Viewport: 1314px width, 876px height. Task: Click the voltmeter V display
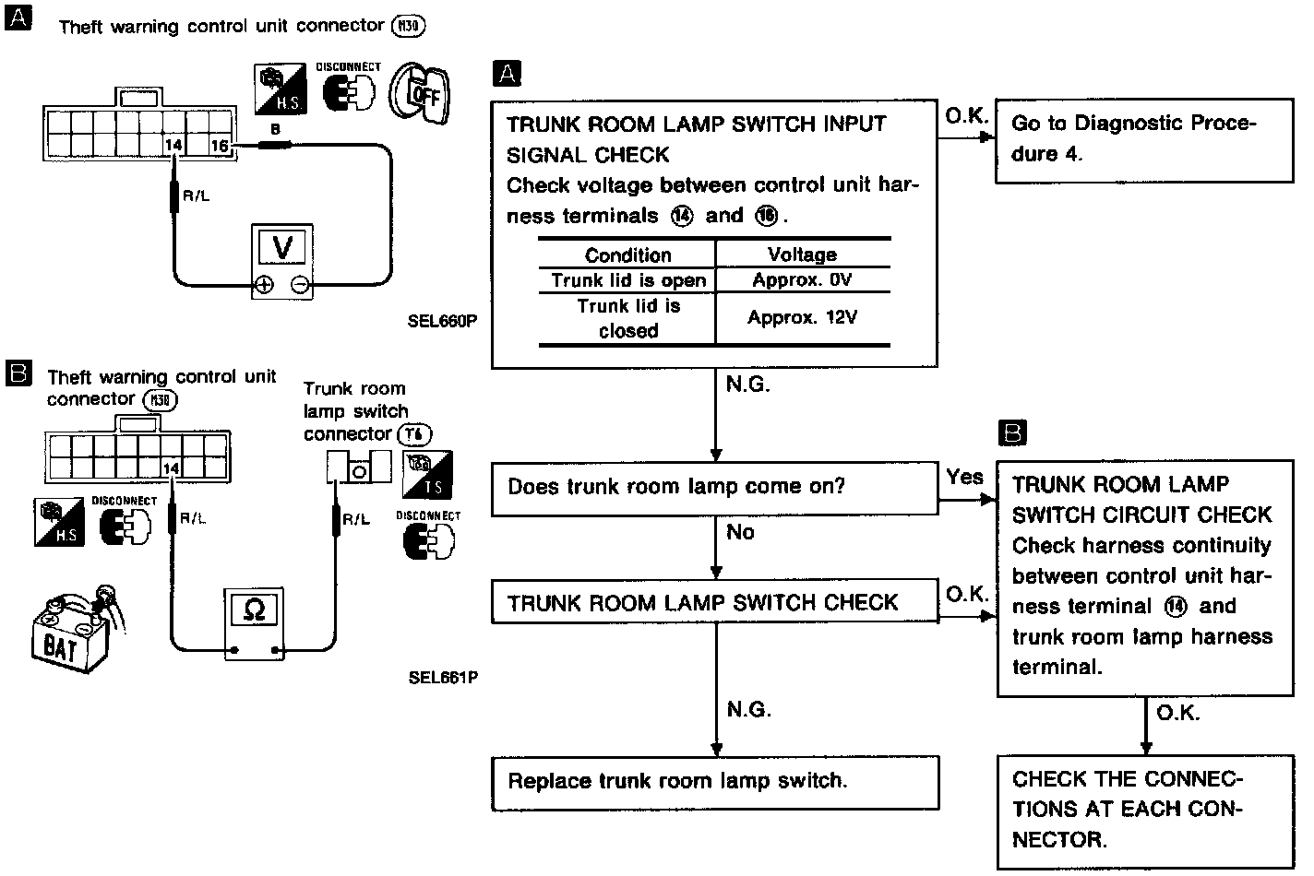283,246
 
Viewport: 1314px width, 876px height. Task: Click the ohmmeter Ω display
255,610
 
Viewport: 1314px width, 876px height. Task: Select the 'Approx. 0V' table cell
802,280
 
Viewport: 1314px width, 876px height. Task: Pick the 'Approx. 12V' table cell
802,318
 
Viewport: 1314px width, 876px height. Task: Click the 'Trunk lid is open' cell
627,280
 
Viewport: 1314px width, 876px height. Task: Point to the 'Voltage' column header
802,255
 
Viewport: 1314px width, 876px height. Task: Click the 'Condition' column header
627,255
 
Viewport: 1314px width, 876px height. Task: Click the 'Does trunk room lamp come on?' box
714,487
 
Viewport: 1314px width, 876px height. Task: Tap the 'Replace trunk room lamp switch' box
714,782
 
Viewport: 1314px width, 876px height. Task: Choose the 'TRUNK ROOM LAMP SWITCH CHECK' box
714,603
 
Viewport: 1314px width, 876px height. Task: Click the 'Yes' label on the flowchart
964,477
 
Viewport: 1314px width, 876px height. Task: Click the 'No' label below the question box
740,532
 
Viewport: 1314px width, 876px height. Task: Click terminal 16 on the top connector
220,146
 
